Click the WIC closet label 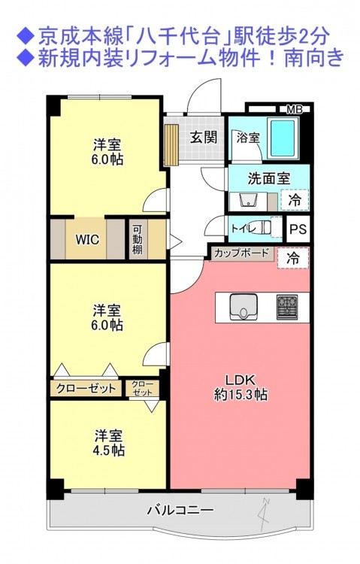pyautogui.click(x=87, y=239)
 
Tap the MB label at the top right pyautogui.click(x=294, y=110)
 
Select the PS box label pyautogui.click(x=298, y=229)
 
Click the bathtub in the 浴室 pyautogui.click(x=284, y=138)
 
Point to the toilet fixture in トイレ pyautogui.click(x=263, y=228)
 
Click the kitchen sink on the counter pyautogui.click(x=244, y=307)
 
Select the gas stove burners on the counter pyautogui.click(x=286, y=307)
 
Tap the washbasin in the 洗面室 pyautogui.click(x=248, y=200)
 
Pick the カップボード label pyautogui.click(x=241, y=253)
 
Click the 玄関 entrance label pyautogui.click(x=204, y=137)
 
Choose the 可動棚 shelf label pyautogui.click(x=138, y=239)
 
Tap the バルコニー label pyautogui.click(x=180, y=510)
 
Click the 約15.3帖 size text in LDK pyautogui.click(x=241, y=395)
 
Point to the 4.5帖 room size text pyautogui.click(x=109, y=450)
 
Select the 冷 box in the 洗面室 pyautogui.click(x=295, y=199)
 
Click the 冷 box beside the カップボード pyautogui.click(x=293, y=258)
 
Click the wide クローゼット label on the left pyautogui.click(x=86, y=388)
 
